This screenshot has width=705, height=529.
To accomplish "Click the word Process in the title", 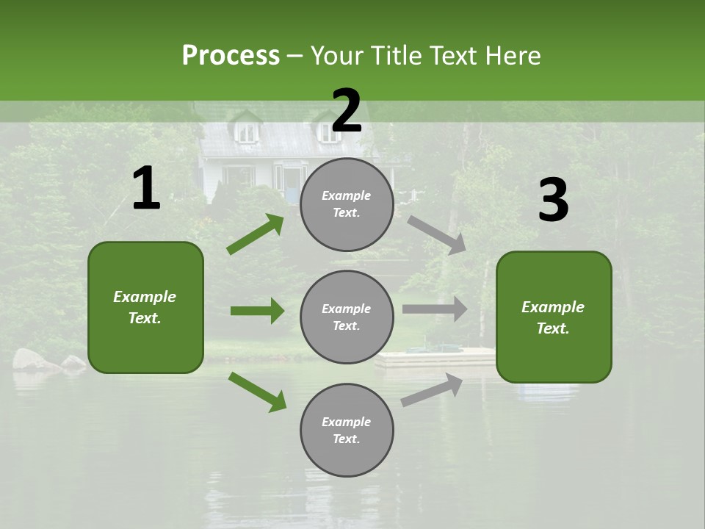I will click(x=231, y=55).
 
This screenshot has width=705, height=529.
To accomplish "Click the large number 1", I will click(x=146, y=189).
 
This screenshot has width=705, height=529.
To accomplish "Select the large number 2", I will click(x=347, y=111).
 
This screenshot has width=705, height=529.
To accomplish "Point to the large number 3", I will click(x=553, y=201).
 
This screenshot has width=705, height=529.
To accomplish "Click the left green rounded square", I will click(x=145, y=307).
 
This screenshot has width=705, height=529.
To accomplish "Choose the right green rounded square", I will click(x=554, y=317).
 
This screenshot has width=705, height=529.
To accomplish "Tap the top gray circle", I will click(x=347, y=204).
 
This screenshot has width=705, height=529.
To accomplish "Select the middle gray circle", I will click(x=347, y=317).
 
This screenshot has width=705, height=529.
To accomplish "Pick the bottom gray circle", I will click(x=347, y=430).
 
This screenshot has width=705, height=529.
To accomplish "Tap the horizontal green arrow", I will click(x=257, y=311).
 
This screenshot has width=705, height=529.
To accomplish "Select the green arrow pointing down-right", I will click(x=257, y=392).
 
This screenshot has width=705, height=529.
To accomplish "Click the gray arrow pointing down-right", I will click(x=437, y=234).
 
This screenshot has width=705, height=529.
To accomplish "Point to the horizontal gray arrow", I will click(x=435, y=309).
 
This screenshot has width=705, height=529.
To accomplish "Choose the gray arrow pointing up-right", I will click(x=433, y=390).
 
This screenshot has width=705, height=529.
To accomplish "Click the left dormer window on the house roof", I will click(x=247, y=132).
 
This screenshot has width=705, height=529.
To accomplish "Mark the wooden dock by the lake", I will click(x=435, y=358).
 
